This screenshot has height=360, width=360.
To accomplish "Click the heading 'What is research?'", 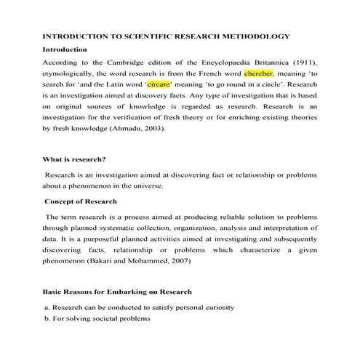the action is click(x=75, y=159).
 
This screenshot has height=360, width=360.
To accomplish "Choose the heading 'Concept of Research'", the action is click(x=81, y=201).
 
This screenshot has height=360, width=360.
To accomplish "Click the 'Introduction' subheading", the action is click(x=65, y=49).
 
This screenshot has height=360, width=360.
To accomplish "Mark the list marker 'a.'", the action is click(x=47, y=308).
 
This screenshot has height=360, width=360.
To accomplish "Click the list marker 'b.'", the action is click(x=47, y=319).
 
